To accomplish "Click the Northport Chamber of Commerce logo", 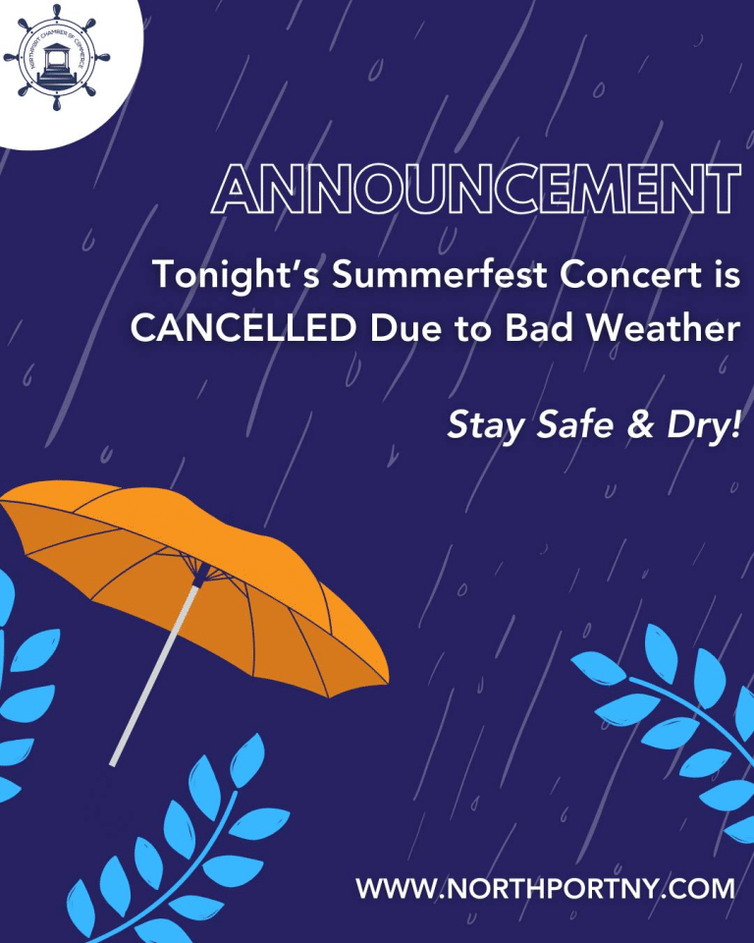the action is click(57, 58).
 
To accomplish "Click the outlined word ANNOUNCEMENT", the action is click(475, 189).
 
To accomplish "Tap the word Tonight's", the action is click(236, 275).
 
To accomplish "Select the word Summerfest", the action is click(440, 274).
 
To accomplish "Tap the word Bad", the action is click(539, 328).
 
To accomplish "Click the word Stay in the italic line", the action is click(485, 425).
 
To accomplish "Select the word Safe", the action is click(575, 423).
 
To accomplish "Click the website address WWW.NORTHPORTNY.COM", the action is click(545, 888).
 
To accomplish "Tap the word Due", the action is click(404, 328).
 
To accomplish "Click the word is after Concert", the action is click(727, 274).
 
